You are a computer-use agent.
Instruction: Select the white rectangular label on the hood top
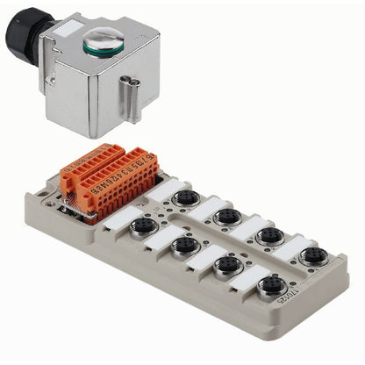coord(62,32)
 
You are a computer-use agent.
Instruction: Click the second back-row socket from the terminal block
coord(226,217)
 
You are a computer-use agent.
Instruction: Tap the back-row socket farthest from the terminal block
coord(311,257)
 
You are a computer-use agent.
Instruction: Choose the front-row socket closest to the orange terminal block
coord(143,228)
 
